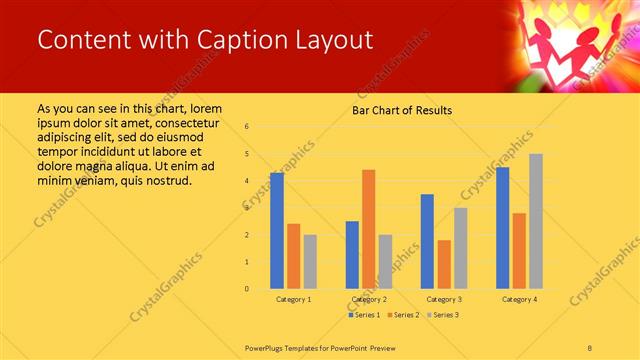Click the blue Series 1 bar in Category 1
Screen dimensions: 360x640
[277, 231]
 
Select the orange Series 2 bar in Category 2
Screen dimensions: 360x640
[368, 229]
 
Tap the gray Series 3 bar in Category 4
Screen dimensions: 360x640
[536, 221]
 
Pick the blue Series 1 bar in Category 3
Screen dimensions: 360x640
[427, 241]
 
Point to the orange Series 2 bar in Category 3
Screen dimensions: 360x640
[444, 264]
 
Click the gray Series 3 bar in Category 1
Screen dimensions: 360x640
[310, 262]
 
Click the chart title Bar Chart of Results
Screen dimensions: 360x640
[401, 110]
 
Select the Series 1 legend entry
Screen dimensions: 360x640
[365, 315]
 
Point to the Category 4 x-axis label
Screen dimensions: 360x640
[519, 299]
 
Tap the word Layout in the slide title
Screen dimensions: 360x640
[336, 40]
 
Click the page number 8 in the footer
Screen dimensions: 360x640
[590, 346]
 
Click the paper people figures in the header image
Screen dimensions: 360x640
[575, 45]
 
